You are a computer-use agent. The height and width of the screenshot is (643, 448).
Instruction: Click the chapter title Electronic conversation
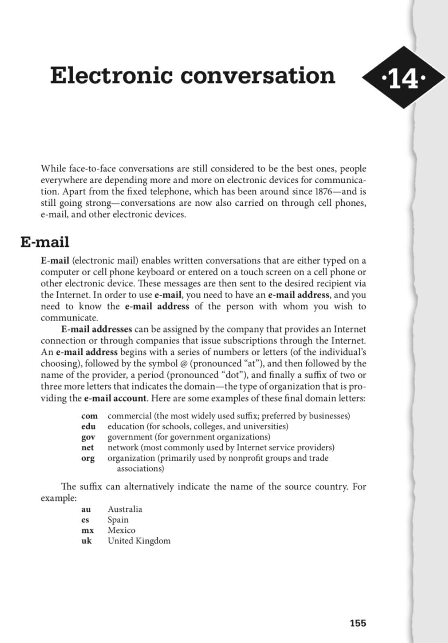(x=192, y=76)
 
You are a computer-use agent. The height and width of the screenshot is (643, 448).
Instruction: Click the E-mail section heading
(x=45, y=242)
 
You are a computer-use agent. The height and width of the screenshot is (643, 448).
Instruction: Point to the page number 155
(x=358, y=623)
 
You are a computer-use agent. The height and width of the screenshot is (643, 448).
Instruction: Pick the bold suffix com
(x=89, y=416)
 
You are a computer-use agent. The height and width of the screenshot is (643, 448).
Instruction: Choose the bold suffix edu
(x=88, y=426)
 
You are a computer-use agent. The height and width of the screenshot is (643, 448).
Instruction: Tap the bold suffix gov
(x=88, y=437)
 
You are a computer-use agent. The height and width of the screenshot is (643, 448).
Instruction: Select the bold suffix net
(x=88, y=448)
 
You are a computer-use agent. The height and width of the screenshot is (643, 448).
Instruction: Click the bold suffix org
(x=88, y=458)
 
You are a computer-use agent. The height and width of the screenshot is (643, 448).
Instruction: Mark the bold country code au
(x=86, y=509)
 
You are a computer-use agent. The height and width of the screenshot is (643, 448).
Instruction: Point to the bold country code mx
(x=87, y=530)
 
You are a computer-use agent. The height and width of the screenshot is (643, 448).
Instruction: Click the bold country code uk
(x=86, y=541)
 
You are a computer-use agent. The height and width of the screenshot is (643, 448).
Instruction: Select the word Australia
(x=125, y=509)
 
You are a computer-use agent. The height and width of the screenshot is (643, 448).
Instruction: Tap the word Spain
(x=118, y=520)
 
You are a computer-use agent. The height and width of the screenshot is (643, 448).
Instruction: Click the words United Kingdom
(x=139, y=541)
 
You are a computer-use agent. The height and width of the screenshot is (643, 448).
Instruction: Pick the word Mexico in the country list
(x=121, y=530)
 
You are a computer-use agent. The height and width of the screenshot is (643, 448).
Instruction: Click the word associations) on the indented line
(x=140, y=468)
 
